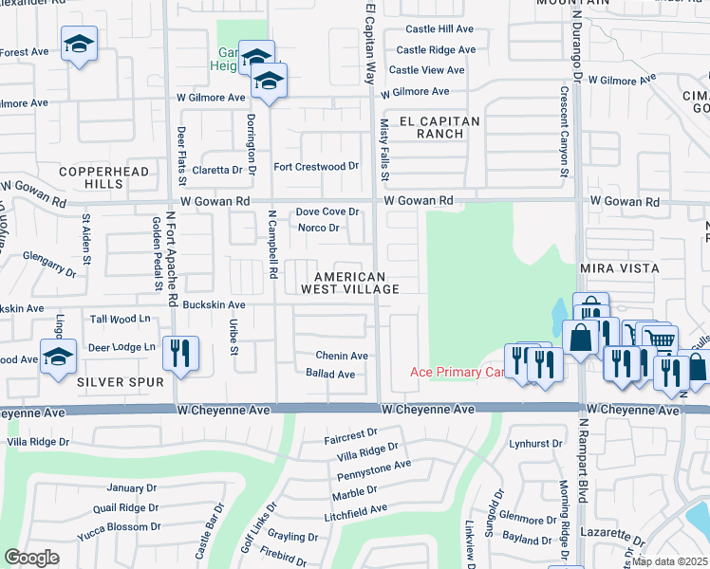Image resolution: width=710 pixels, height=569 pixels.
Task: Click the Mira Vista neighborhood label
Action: tap(619, 269)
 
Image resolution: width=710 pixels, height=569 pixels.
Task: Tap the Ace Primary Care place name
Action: tap(456, 372)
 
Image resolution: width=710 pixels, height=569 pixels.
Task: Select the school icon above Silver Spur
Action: tap(58, 358)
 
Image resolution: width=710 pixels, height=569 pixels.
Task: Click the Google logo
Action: tap(31, 558)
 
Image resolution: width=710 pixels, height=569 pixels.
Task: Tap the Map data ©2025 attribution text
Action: tap(670, 561)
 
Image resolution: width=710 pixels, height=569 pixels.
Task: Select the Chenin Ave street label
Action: tap(342, 356)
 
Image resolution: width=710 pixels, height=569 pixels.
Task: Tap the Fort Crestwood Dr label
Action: tap(316, 166)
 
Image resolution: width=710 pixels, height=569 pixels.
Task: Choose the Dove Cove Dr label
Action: tap(327, 212)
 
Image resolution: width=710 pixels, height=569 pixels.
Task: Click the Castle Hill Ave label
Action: tap(439, 29)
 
